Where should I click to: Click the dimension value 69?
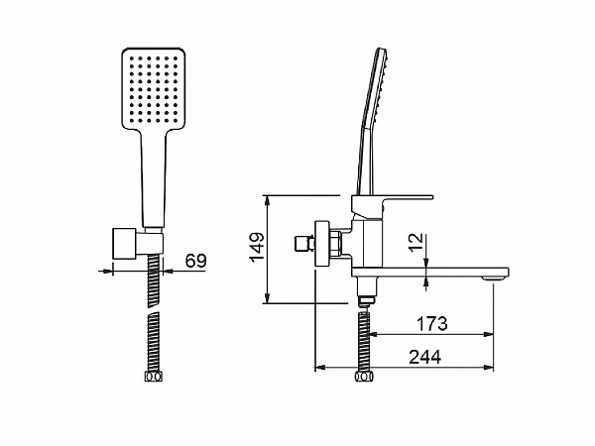195,261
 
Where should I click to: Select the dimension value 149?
257,247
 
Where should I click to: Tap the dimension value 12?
416,242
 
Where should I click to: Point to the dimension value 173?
432,323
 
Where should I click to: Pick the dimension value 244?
425,357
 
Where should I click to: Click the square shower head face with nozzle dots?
154,88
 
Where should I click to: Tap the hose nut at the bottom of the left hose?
154,377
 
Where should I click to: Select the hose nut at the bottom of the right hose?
364,377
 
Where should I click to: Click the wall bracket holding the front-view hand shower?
138,244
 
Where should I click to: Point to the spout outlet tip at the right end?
494,279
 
